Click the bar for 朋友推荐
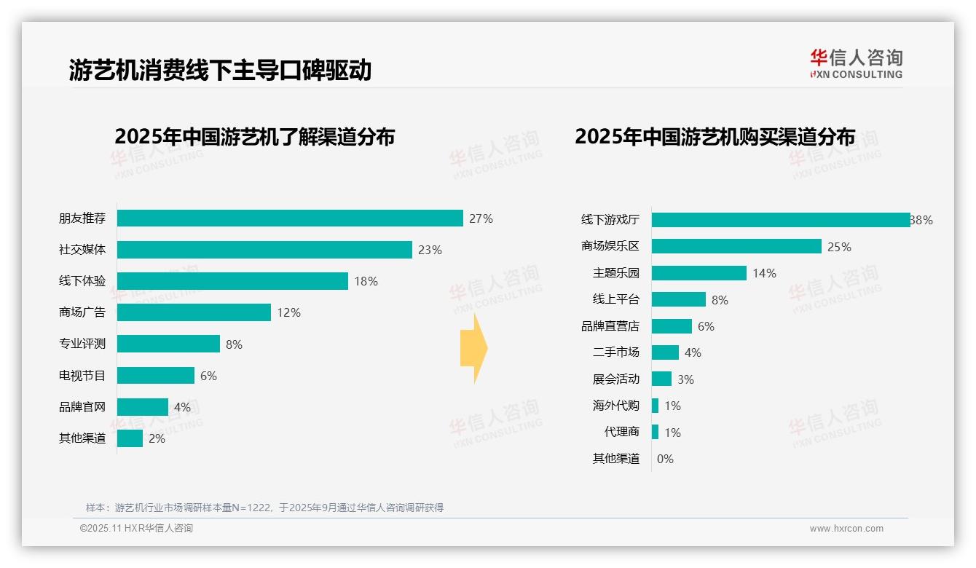coord(290,218)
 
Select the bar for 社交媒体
coord(264,250)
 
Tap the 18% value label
coord(366,281)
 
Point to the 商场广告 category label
coord(82,312)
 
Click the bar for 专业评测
coord(168,344)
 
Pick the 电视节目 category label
coord(82,376)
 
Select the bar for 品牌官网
coord(143,407)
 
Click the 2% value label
coord(157,438)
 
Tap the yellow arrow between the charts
coord(474,349)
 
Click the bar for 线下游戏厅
coord(781,220)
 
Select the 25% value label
coord(839,247)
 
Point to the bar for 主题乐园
coord(699,273)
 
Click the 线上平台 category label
coord(616,299)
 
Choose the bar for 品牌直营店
coord(672,326)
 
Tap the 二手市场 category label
coord(616,352)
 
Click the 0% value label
coord(665,459)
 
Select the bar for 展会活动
coord(661,379)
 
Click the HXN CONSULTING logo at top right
coord(856,64)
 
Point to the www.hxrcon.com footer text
coord(846,529)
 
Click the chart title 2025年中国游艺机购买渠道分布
coord(715,137)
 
